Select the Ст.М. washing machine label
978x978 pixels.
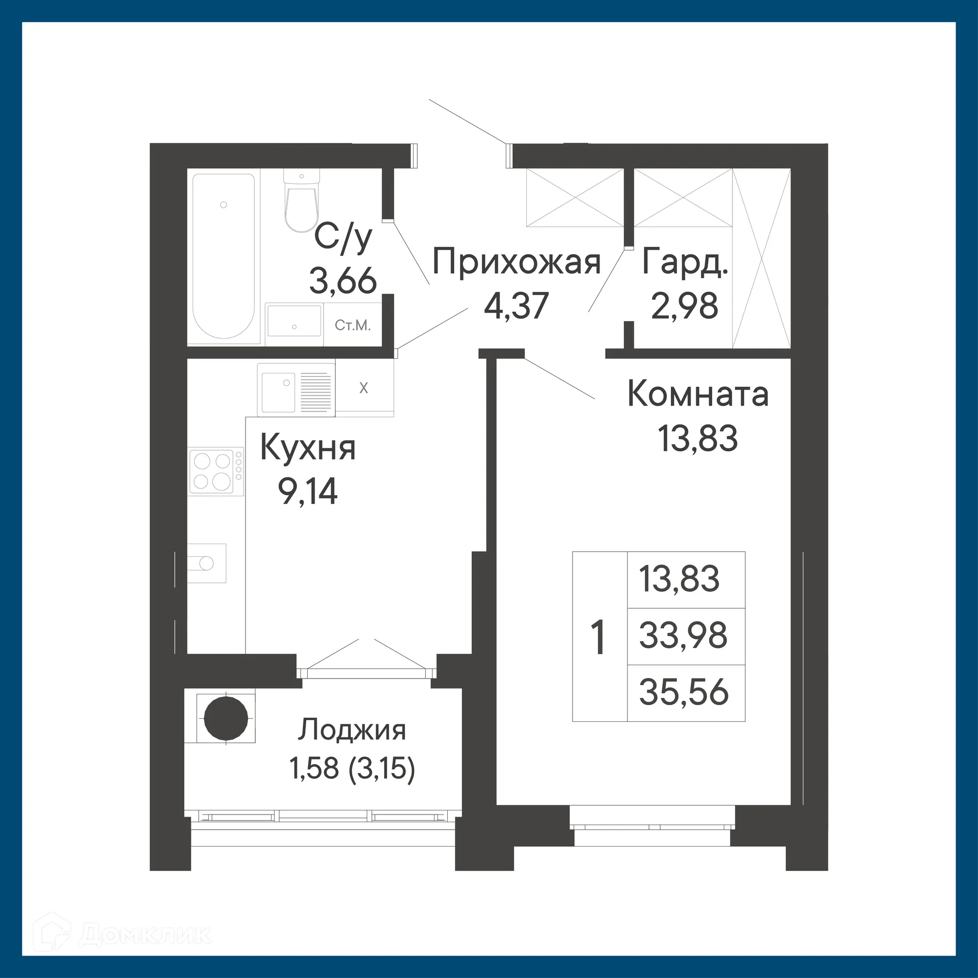352,325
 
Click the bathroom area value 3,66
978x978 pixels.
343,281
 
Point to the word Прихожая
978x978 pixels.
517,262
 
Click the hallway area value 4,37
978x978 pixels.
516,306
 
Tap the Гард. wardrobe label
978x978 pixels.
685,262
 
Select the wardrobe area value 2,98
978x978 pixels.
685,306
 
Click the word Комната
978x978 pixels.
698,394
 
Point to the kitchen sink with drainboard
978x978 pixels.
296,388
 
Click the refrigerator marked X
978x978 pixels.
364,388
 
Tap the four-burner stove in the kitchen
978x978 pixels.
216,471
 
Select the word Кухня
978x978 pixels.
308,448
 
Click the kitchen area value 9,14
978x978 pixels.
308,492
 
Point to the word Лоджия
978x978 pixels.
352,729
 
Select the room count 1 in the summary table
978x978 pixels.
599,636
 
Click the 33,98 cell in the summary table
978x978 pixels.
684,636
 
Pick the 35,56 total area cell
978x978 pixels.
684,692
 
